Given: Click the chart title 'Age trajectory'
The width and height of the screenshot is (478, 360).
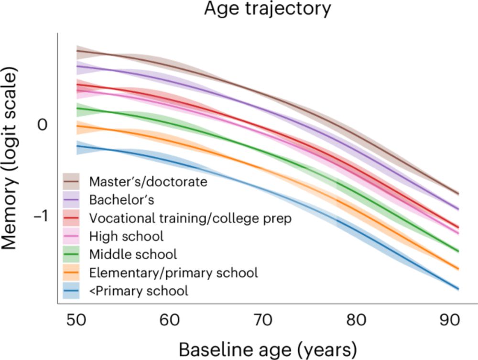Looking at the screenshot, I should coord(267,10).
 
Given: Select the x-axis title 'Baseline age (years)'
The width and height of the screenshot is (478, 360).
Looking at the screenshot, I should coord(268,349).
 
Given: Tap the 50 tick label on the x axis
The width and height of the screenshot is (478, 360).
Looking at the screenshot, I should coord(77,320).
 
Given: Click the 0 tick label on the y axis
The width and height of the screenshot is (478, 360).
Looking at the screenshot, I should coord(43,125).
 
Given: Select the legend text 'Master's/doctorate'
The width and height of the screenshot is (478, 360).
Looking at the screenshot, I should coord(148,182).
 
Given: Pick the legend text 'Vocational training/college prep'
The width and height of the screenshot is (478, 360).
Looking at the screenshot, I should coord(190,218).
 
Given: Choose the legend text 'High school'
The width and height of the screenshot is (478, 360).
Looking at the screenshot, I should coord(126,236).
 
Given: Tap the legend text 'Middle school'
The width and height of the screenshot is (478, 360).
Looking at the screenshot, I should coord(133,254).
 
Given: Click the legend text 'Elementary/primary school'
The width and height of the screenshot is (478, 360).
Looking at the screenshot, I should coord(174,273).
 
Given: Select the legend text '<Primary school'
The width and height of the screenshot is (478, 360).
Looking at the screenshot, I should coord(139,291).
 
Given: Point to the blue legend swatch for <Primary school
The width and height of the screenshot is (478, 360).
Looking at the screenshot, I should coord(72,291).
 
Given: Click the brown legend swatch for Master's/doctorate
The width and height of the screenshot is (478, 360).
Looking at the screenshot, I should coord(72,182).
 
